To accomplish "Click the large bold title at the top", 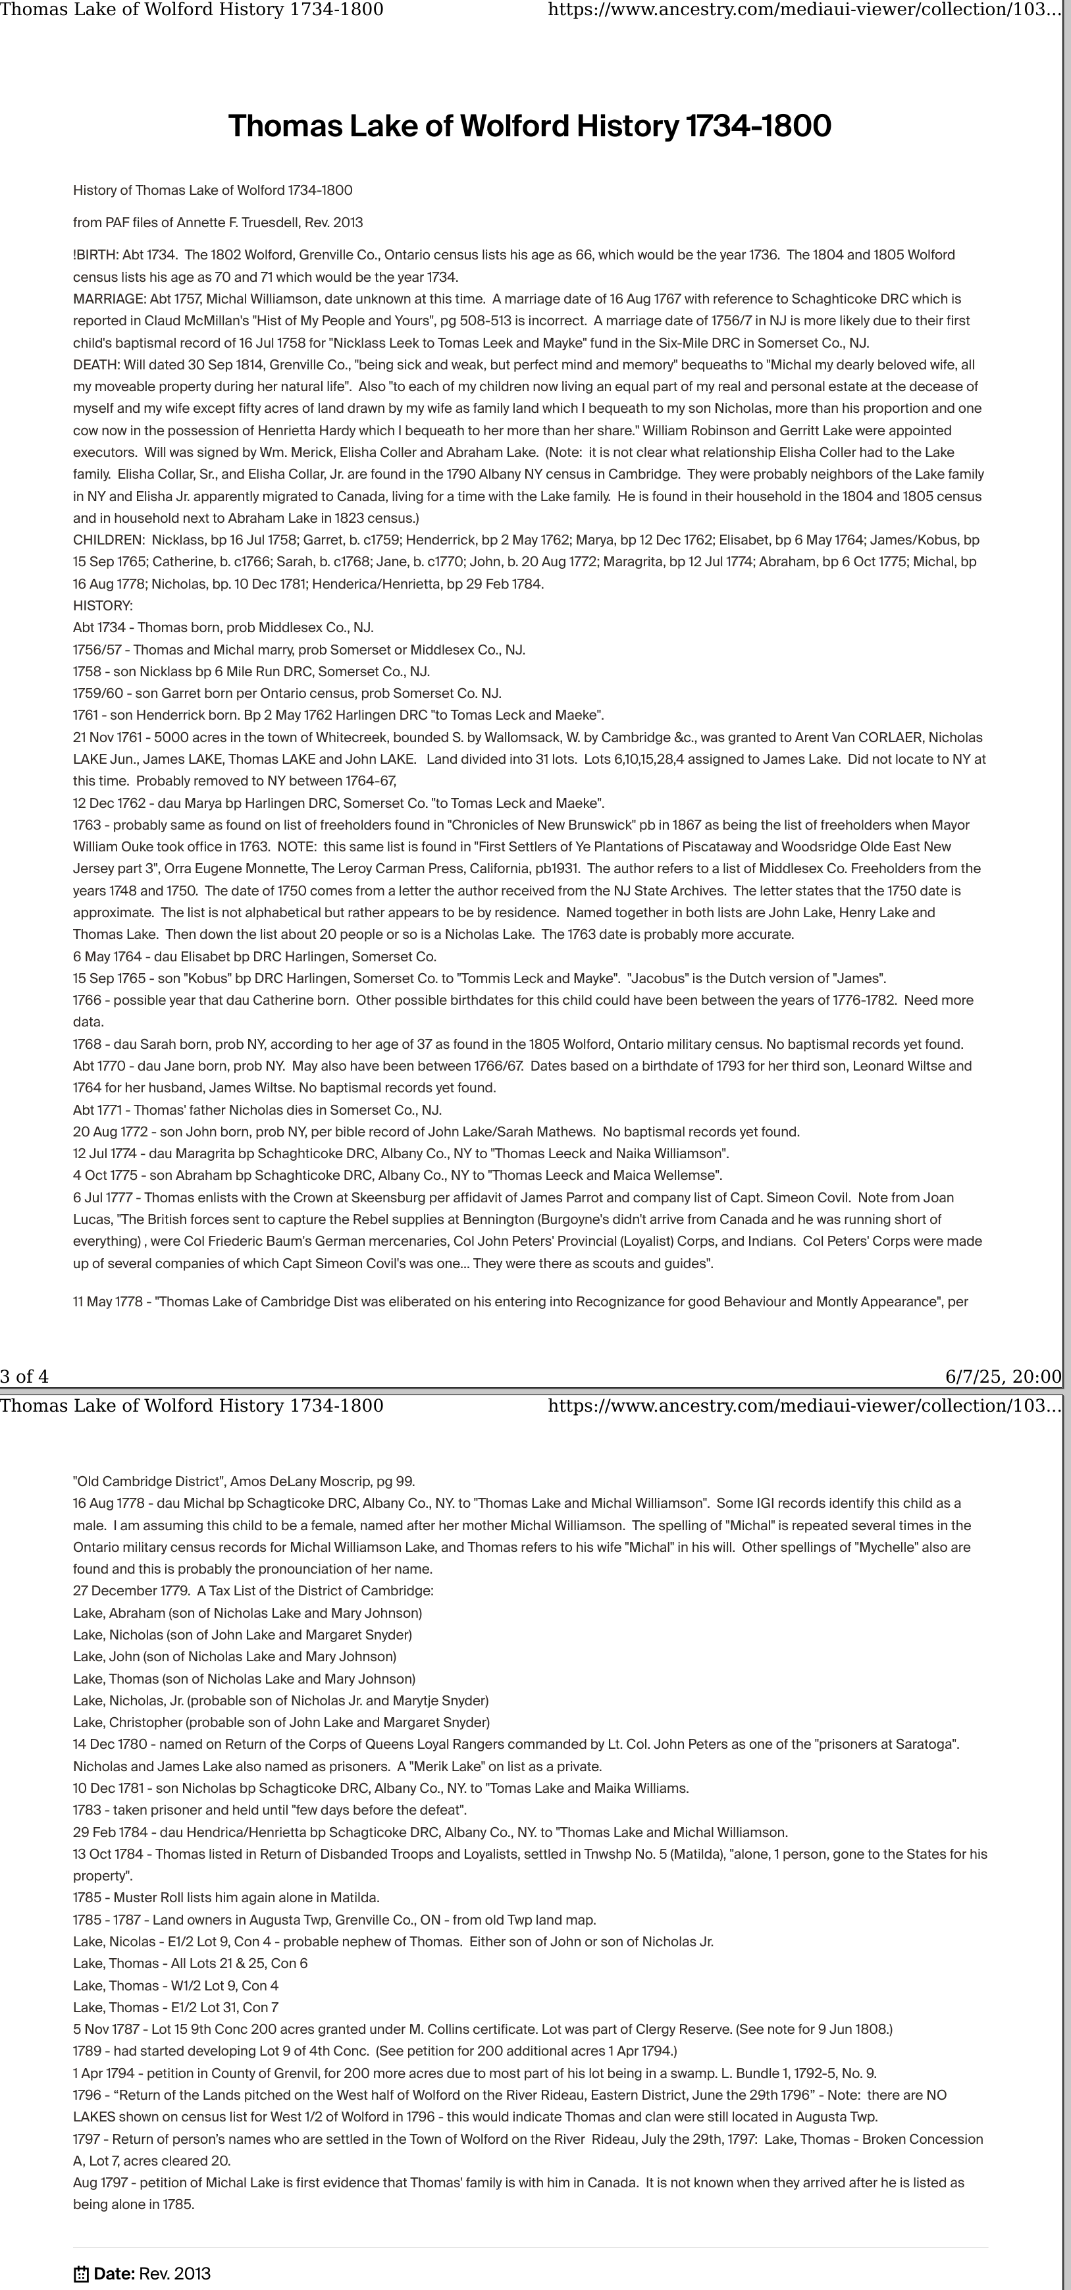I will coord(530,126).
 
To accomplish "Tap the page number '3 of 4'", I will coord(25,1377).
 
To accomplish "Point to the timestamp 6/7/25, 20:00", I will coord(1003,1377).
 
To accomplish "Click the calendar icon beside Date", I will coord(81,2274).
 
